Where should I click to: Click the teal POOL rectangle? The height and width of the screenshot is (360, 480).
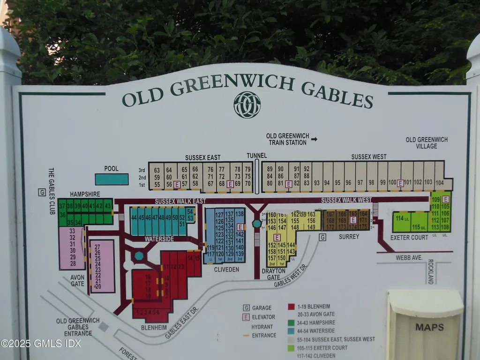point(112,179)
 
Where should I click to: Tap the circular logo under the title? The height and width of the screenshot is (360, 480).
point(247,105)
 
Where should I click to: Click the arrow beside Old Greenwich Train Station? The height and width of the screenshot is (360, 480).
point(314,139)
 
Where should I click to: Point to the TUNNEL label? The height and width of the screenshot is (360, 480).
point(256,156)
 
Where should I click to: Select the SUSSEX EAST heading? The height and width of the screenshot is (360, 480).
point(202,157)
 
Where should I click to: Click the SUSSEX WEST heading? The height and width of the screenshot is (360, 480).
point(369,157)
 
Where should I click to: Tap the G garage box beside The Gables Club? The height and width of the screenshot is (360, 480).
point(42,192)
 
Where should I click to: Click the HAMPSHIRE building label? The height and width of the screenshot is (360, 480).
point(85,194)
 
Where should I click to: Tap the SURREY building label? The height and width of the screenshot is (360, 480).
point(349,237)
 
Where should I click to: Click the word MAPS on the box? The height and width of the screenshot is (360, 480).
point(429,327)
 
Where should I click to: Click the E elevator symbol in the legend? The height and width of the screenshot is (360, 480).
point(246,317)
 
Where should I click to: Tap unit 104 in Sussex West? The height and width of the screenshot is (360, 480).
point(439,182)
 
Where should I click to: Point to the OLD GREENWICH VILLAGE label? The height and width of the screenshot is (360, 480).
point(427,143)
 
